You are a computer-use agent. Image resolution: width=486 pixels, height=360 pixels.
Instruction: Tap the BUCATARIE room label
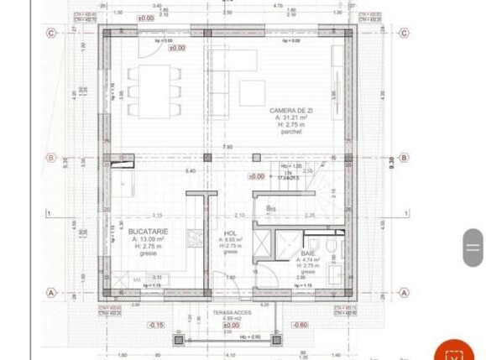[148, 231]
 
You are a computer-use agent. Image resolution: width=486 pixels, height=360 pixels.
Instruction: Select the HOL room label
[230, 234]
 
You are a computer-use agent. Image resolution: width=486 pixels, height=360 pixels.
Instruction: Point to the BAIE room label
[308, 252]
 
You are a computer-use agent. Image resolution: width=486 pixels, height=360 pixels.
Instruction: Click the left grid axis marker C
[51, 34]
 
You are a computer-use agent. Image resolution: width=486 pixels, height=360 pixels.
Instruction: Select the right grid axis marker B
[404, 157]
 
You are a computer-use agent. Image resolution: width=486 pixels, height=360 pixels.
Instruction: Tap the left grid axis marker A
[51, 293]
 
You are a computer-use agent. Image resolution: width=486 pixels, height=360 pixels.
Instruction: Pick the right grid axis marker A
[404, 293]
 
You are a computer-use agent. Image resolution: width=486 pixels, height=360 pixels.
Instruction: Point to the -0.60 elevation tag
[298, 325]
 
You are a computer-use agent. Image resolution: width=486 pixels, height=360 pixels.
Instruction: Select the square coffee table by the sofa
[251, 91]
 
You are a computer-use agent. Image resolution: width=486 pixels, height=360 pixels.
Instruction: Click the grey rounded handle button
[473, 248]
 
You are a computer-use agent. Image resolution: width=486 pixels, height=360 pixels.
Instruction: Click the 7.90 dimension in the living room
[227, 148]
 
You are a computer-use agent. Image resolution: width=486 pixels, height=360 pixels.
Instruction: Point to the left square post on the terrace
[178, 341]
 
